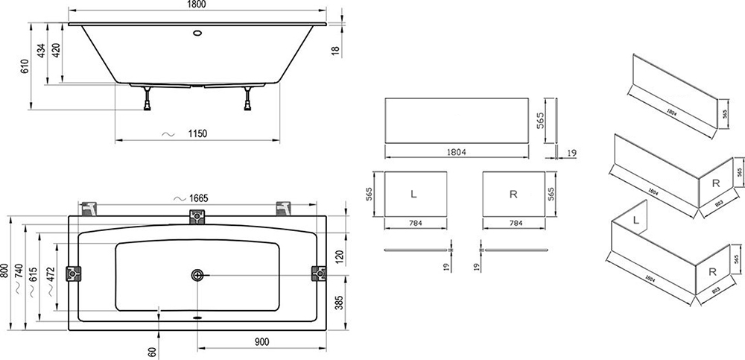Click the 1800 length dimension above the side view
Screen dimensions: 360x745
click(x=197, y=6)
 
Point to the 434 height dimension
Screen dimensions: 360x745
click(x=42, y=51)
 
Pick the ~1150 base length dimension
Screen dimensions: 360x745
click(x=196, y=133)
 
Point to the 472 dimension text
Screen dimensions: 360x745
click(x=50, y=273)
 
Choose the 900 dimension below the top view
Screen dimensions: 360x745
click(x=261, y=341)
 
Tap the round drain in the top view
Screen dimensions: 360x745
click(x=197, y=275)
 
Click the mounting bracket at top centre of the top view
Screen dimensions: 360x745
click(x=197, y=217)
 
